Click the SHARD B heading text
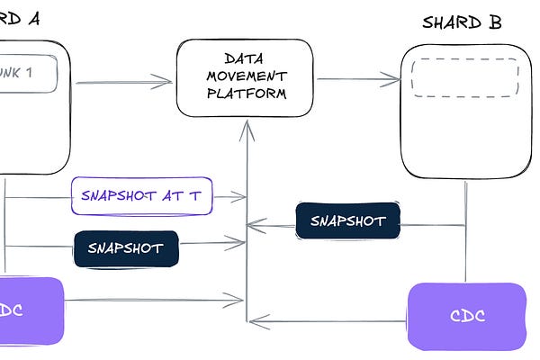coord(462,22)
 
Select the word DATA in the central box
coord(244,57)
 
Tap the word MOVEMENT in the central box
coord(244,75)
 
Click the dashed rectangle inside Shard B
coord(464,77)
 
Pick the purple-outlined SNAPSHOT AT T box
coord(141,195)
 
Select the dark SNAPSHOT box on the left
coord(126,248)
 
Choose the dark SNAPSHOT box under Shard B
coord(347,220)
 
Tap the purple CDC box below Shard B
coord(466,316)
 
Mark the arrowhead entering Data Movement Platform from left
coord(166,83)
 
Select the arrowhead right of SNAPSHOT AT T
coord(241,195)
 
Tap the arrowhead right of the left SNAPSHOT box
coord(240,240)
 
